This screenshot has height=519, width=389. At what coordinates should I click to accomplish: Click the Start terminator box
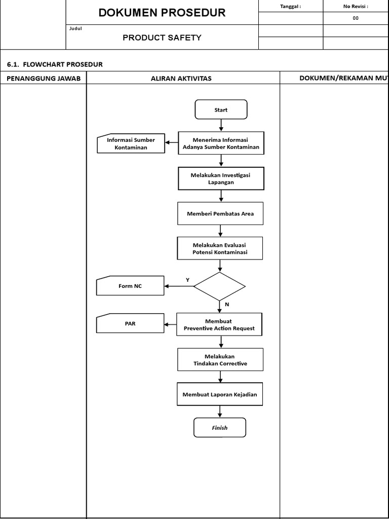tap(221, 109)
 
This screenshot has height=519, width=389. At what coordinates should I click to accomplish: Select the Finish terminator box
tap(219, 427)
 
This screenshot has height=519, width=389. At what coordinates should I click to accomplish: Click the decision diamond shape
tap(219, 286)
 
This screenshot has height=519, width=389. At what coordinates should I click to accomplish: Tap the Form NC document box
tap(130, 286)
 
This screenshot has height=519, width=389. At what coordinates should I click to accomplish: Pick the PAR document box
tap(130, 323)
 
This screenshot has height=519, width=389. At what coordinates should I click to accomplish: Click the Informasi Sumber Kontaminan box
tap(131, 143)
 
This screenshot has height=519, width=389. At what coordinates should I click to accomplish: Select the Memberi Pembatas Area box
tap(220, 213)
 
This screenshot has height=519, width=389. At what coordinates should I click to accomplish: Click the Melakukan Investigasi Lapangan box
tap(220, 178)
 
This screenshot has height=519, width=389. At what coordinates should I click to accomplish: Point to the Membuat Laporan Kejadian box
tap(220, 394)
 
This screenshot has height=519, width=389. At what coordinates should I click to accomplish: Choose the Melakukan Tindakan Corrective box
tap(220, 360)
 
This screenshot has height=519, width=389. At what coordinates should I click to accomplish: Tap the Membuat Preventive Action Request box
tap(219, 324)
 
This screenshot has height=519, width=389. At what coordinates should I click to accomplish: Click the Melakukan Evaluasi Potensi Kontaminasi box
tap(220, 248)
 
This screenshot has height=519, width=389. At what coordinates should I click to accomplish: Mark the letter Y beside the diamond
tap(187, 280)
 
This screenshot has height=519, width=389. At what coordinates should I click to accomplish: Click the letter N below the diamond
tap(227, 305)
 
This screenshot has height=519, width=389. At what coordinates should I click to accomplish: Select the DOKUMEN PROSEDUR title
tap(162, 13)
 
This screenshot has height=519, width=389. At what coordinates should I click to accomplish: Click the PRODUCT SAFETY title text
tap(162, 38)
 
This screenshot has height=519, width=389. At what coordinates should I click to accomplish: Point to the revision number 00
tap(356, 18)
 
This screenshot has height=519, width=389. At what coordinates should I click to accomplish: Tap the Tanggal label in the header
tap(290, 7)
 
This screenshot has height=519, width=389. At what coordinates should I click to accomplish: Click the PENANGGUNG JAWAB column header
tap(44, 78)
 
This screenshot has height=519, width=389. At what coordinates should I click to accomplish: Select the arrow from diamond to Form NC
tap(179, 286)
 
